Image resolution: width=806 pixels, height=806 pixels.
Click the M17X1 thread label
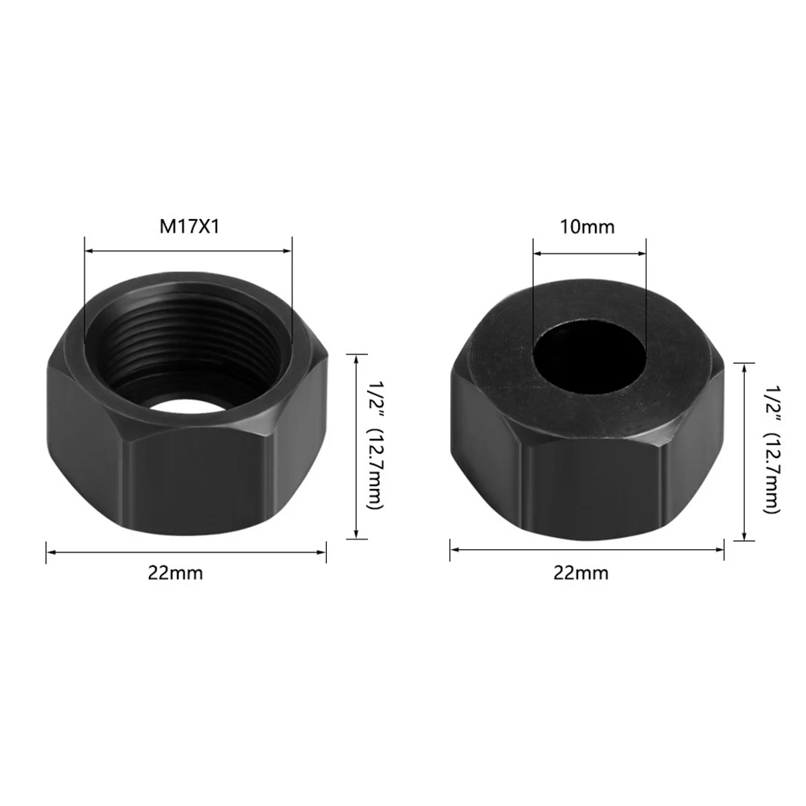pos(189,227)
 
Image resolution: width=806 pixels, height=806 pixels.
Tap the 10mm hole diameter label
pos(587,227)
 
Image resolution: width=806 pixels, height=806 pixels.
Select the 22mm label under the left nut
pos(176,572)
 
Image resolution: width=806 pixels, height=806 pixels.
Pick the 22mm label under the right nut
pos(581,572)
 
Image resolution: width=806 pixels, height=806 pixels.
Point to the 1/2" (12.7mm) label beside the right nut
pos(773,449)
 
